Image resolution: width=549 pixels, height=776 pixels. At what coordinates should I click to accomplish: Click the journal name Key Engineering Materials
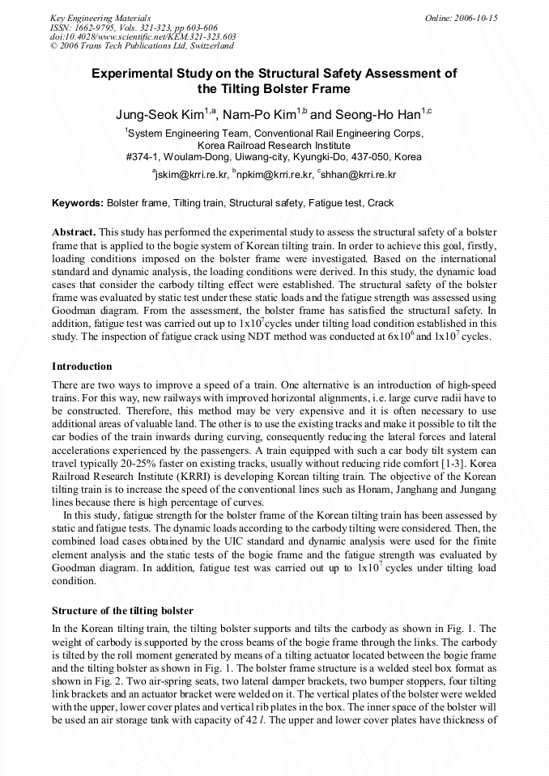[x=100, y=17]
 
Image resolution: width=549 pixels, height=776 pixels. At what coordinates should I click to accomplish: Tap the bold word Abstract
[x=74, y=231]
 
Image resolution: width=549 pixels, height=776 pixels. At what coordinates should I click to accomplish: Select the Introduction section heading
[x=82, y=367]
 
